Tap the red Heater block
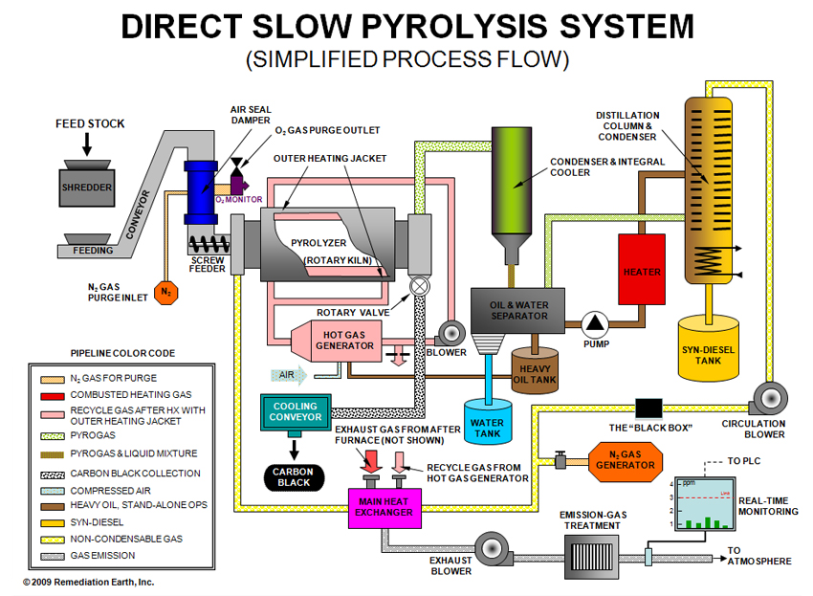click(642, 271)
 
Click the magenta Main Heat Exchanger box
click(385, 506)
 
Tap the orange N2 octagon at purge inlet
click(165, 289)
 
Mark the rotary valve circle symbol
click(418, 285)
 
